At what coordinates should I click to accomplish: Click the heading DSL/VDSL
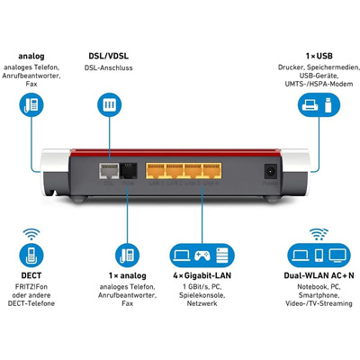pyautogui.click(x=108, y=56)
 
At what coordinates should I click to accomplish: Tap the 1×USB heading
pyautogui.click(x=319, y=56)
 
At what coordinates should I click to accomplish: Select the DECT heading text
pyautogui.click(x=31, y=275)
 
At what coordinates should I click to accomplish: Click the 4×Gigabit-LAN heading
pyautogui.click(x=202, y=275)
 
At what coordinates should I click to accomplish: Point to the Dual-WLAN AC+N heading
pyautogui.click(x=319, y=275)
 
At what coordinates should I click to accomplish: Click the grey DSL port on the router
pyautogui.click(x=109, y=171)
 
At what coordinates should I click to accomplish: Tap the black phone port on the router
pyautogui.click(x=129, y=171)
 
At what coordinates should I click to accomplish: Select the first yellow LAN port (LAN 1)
pyautogui.click(x=156, y=171)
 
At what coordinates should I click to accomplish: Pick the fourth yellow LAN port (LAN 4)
pyautogui.click(x=211, y=171)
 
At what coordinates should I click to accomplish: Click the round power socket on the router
pyautogui.click(x=270, y=172)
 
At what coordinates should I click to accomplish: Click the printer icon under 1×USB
pyautogui.click(x=310, y=105)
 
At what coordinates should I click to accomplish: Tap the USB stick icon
pyautogui.click(x=328, y=104)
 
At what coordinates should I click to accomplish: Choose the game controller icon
pyautogui.click(x=202, y=256)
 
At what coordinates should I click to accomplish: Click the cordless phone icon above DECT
pyautogui.click(x=31, y=256)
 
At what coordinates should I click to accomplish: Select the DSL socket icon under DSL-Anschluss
pyautogui.click(x=109, y=104)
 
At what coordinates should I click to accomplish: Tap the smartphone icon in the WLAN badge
pyautogui.click(x=319, y=256)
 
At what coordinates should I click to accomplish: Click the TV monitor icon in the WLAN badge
pyautogui.click(x=337, y=256)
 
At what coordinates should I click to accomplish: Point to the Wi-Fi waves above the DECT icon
pyautogui.click(x=31, y=234)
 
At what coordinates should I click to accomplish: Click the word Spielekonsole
pyautogui.click(x=202, y=295)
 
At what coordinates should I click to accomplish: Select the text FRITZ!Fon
pyautogui.click(x=31, y=287)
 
